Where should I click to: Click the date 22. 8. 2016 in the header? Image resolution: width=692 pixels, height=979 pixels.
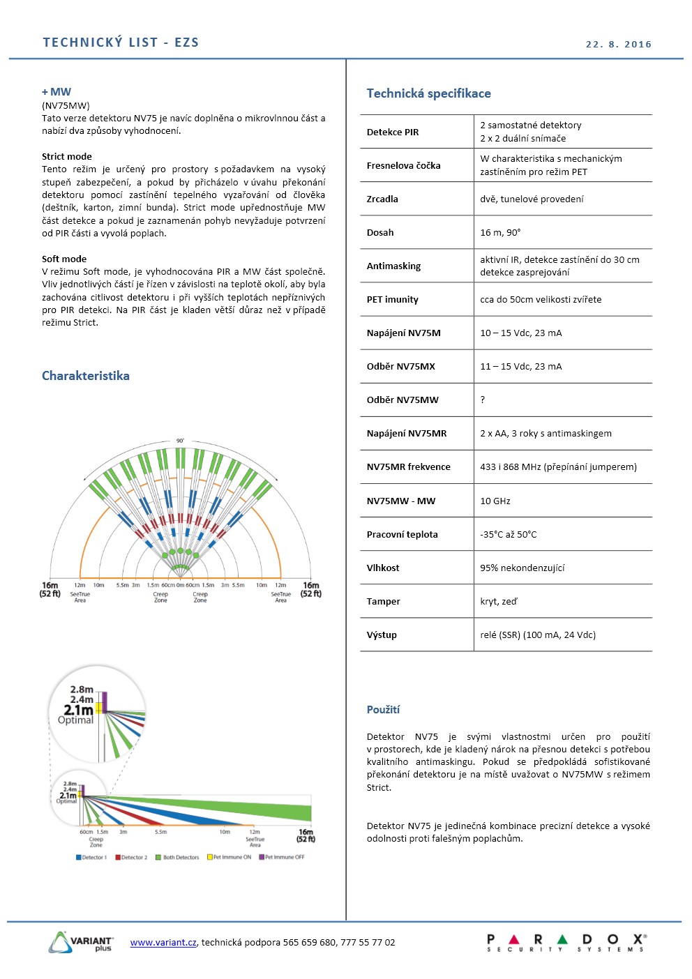618,44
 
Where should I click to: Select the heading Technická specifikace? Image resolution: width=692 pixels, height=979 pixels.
428,93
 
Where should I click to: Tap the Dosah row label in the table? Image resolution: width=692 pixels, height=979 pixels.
380,232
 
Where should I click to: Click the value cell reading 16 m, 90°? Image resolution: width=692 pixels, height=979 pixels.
500,232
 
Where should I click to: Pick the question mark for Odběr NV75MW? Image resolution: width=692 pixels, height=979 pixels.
482,400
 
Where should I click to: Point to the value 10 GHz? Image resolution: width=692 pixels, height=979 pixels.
495,501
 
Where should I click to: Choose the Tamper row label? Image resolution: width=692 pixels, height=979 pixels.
383,601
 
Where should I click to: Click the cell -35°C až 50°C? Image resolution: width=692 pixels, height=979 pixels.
509,534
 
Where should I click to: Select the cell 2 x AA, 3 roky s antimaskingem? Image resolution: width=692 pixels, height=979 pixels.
546,433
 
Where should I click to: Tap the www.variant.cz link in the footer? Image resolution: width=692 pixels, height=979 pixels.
163,942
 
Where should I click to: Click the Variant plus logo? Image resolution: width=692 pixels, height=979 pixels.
81,942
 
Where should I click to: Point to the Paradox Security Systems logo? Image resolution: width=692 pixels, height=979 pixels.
566,943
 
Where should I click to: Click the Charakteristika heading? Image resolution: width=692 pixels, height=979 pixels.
85,376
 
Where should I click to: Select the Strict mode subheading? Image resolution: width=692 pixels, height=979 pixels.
66,156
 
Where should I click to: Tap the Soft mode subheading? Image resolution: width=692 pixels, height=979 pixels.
64,259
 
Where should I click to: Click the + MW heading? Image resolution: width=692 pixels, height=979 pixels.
57,92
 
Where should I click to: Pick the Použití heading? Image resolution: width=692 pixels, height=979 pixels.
383,709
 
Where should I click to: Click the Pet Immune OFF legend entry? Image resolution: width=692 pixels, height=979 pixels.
283,857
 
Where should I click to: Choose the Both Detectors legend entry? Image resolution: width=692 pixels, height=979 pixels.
178,857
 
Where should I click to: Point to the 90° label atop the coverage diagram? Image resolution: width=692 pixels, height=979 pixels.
180,441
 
